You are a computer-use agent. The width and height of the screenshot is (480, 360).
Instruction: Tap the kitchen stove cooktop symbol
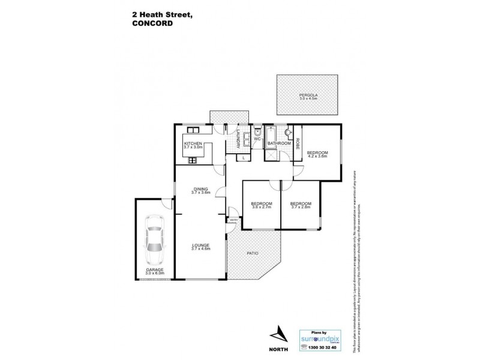coord(193,160)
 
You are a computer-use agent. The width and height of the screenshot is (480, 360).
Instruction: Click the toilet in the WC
coord(257,132)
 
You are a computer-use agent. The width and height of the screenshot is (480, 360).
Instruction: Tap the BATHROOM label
coord(279,144)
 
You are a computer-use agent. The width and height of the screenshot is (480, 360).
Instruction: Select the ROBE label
coord(296,143)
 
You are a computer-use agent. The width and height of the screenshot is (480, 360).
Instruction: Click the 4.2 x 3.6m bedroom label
coord(317,154)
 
